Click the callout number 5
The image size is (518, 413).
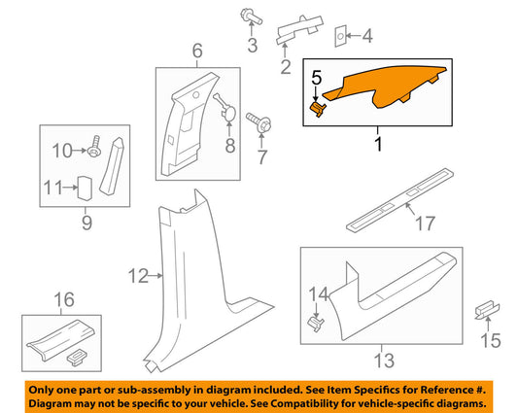(x=317, y=78)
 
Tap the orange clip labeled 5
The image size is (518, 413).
(x=318, y=109)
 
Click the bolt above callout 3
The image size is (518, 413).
(x=251, y=17)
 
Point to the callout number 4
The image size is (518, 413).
(x=367, y=36)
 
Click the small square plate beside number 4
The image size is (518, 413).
(x=340, y=36)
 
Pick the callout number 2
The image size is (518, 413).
(x=286, y=66)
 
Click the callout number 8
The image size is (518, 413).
(x=230, y=145)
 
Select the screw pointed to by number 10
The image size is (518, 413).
(x=93, y=147)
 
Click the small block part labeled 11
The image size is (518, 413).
(x=85, y=189)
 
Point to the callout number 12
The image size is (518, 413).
(x=138, y=276)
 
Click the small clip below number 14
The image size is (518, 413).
(x=315, y=323)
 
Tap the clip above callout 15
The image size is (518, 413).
(x=487, y=310)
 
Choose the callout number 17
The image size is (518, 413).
(x=425, y=224)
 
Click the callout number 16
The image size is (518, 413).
(x=64, y=299)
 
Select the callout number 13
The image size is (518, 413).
(x=384, y=361)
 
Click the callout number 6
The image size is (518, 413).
(x=197, y=51)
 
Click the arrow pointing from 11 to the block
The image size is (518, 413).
(x=70, y=188)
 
